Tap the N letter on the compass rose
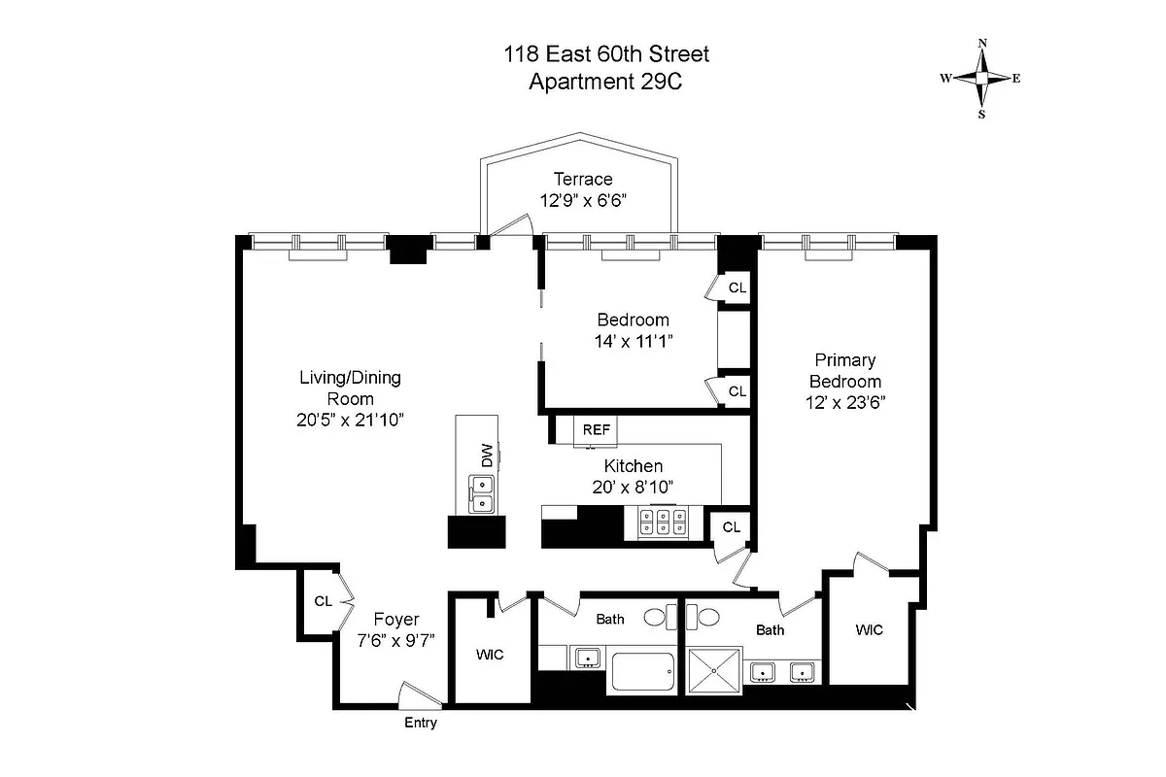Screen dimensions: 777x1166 [982, 44]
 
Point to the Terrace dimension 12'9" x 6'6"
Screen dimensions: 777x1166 [583, 200]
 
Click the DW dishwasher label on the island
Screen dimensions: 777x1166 [485, 455]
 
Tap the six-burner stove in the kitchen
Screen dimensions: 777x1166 [664, 523]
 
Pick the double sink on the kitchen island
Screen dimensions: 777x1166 [481, 493]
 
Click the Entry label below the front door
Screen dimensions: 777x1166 [420, 724]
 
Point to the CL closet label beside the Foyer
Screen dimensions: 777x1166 [323, 601]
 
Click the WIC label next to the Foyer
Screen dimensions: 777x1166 [490, 655]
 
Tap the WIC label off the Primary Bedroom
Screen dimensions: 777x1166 [869, 630]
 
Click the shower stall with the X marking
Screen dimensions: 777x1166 [714, 671]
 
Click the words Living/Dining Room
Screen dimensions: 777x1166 [350, 388]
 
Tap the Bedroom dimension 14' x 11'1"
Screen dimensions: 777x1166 [633, 340]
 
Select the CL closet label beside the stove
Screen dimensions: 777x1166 [731, 527]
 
